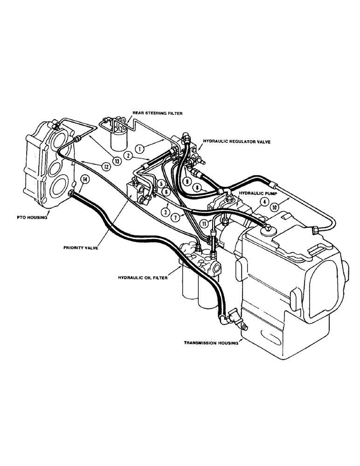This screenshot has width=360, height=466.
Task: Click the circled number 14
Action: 84,178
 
